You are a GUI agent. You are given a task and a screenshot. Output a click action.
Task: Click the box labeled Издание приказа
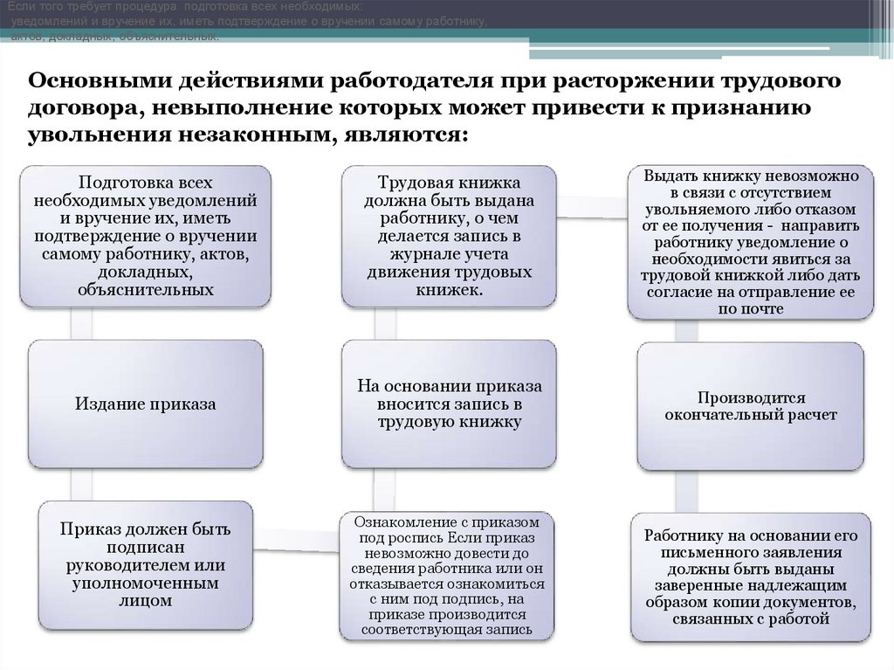click(145, 404)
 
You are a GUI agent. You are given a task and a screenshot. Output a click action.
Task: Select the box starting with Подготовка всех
click(145, 236)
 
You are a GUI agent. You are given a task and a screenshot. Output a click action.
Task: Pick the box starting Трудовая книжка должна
click(449, 236)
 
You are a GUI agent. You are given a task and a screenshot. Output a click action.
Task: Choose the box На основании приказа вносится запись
click(449, 404)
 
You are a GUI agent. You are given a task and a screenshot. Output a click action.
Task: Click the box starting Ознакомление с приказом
click(449, 574)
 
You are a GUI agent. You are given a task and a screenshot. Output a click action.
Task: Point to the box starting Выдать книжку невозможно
click(751, 240)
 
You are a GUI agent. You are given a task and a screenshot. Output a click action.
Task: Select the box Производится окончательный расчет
click(751, 405)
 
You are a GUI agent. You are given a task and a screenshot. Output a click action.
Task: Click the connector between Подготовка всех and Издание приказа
click(81, 323)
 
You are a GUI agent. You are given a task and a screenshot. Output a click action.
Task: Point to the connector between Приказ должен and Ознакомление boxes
click(301, 530)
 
